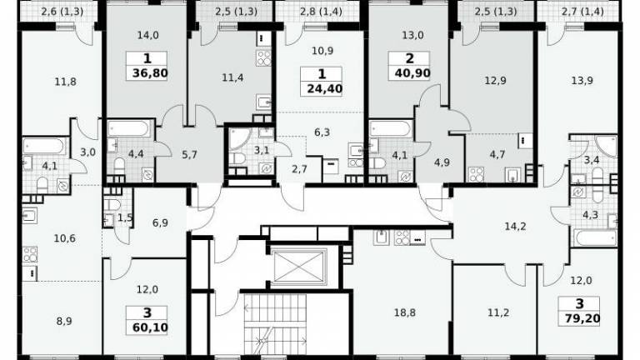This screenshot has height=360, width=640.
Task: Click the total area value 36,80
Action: [150, 73]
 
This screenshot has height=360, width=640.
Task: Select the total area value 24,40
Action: [324, 88]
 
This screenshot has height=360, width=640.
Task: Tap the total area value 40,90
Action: [412, 73]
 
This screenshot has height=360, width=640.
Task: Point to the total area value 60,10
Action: [150, 327]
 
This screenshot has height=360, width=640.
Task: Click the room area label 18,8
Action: [404, 312]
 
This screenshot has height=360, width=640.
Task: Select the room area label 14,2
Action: [515, 226]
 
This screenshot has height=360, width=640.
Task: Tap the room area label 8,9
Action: [63, 321]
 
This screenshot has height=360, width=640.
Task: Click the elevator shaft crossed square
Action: [300, 266]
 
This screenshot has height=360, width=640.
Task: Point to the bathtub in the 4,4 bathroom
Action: [128, 129]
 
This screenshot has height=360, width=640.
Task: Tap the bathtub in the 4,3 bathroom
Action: [595, 237]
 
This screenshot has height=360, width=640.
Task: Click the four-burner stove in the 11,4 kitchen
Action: [263, 58]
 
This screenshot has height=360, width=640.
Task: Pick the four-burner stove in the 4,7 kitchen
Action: [476, 174]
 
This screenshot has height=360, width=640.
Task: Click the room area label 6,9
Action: [160, 222]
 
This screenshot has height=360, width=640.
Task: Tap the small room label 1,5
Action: [125, 218]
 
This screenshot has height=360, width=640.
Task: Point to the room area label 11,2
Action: [498, 312]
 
